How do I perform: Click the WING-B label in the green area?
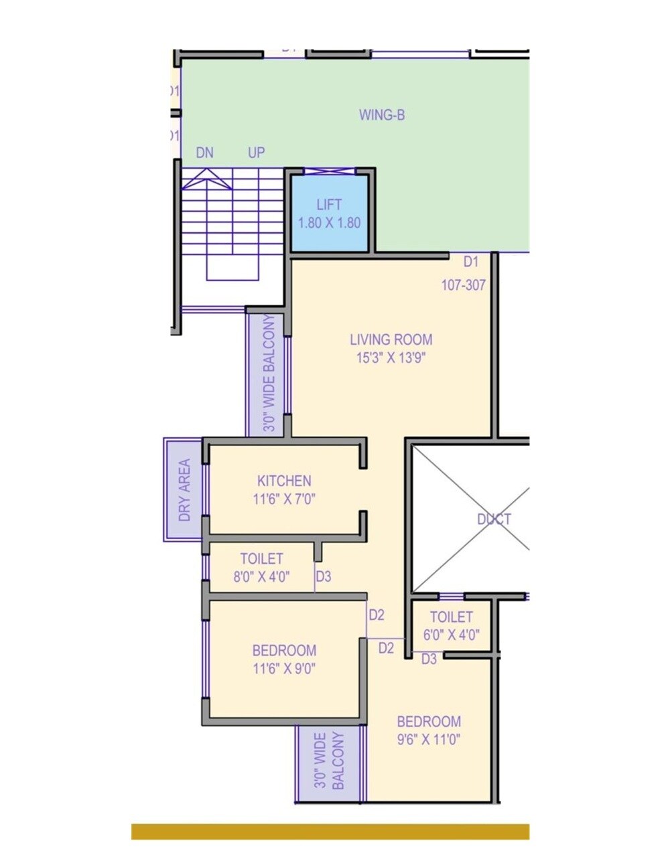pyautogui.click(x=381, y=115)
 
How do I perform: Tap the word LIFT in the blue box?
pyautogui.click(x=329, y=205)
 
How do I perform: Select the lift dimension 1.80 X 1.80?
pyautogui.click(x=329, y=223)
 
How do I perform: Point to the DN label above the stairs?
pyautogui.click(x=204, y=153)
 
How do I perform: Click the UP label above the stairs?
pyautogui.click(x=256, y=153)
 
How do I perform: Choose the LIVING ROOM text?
pyautogui.click(x=391, y=339)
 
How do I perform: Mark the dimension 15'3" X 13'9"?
pyautogui.click(x=391, y=358)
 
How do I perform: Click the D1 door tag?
pyautogui.click(x=471, y=261)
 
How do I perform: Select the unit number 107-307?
pyautogui.click(x=463, y=285)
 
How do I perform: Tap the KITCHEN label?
pyautogui.click(x=284, y=481)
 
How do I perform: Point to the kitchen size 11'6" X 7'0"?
pyautogui.click(x=284, y=499)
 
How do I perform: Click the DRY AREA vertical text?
pyautogui.click(x=184, y=490)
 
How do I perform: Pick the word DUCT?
pyautogui.click(x=494, y=519)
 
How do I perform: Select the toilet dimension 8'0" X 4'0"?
pyautogui.click(x=261, y=577)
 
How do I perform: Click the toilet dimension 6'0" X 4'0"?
pyautogui.click(x=451, y=635)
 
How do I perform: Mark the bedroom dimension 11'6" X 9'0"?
pyautogui.click(x=284, y=668)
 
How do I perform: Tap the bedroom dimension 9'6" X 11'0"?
pyautogui.click(x=429, y=740)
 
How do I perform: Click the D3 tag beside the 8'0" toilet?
pyautogui.click(x=323, y=576)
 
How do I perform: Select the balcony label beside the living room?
pyautogui.click(x=269, y=374)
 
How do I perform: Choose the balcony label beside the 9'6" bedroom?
pyautogui.click(x=329, y=761)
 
